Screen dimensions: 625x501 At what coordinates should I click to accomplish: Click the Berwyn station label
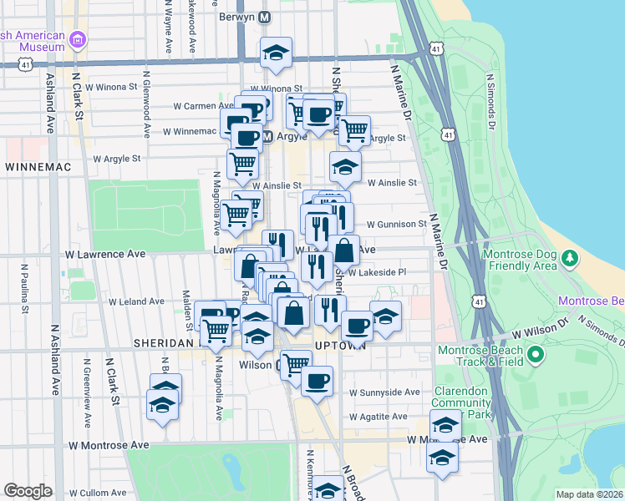pos(236,17)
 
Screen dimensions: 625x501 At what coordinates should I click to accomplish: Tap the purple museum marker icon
pos(79,39)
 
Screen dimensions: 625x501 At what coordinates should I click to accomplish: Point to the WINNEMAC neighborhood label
pos(38,167)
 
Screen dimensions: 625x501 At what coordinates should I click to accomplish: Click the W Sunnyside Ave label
pos(384,392)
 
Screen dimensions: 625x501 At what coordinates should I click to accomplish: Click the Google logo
pos(28,491)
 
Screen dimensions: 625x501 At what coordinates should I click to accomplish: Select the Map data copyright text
pos(589,494)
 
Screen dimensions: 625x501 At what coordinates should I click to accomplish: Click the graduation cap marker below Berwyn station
pos(275,53)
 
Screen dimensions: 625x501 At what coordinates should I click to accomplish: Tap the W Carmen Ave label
pos(203,106)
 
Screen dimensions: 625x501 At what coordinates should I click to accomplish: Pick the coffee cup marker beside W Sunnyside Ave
pos(317,382)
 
